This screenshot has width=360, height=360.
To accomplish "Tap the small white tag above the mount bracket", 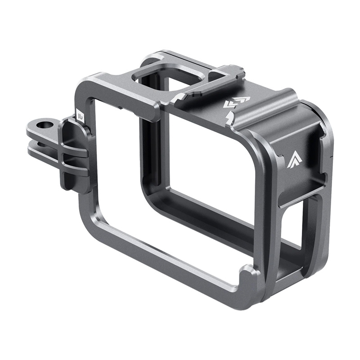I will coord(80,116).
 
